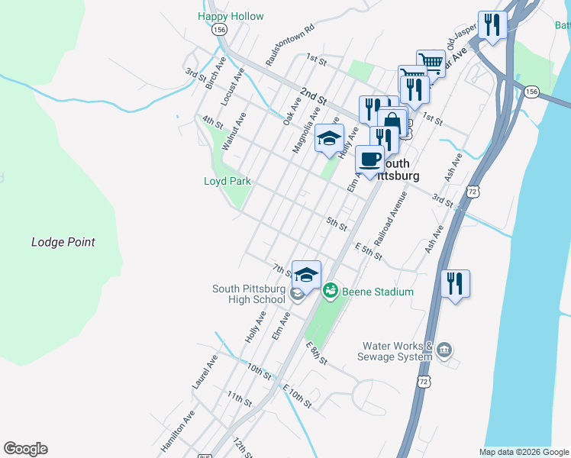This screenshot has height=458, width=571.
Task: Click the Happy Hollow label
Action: tap(231, 16)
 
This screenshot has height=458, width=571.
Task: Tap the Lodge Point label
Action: tap(63, 242)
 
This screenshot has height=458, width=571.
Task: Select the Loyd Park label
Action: tap(227, 182)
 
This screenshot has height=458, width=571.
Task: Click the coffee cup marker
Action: tap(370, 160)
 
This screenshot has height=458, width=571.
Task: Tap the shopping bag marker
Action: tap(392, 122)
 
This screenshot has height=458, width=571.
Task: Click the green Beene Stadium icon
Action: tap(330, 291)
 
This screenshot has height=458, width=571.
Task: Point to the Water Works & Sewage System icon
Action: tap(445, 350)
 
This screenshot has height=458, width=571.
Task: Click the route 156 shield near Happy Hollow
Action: tap(220, 29)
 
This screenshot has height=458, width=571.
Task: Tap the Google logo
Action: tap(25, 449)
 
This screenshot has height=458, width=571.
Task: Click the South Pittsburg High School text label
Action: tap(248, 294)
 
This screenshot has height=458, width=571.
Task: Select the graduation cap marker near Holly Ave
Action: tap(329, 138)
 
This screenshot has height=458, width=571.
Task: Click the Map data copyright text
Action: tap(524, 452)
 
